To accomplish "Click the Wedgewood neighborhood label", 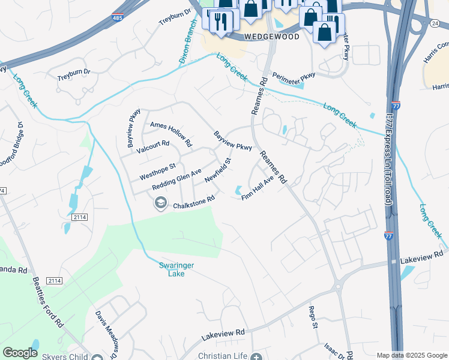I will tap(271, 36).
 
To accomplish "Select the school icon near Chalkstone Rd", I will tap(160, 204).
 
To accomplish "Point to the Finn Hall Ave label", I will tap(258, 188).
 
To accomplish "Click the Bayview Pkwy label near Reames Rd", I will tap(233, 140).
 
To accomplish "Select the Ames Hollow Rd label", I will tap(171, 134).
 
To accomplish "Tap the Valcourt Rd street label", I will tap(153, 147).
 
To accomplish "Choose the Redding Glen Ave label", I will tap(176, 179).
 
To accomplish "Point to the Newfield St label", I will tap(217, 170).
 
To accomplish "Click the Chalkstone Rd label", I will tap(194, 202).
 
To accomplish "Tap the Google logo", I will tap(20, 353).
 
